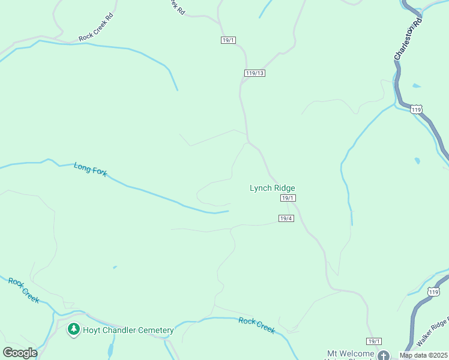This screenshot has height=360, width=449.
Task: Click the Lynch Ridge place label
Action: (272, 188)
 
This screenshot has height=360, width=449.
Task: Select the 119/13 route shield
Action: (255, 73)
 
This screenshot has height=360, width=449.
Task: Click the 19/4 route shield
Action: (286, 218)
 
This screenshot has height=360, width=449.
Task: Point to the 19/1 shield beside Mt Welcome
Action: (373, 341)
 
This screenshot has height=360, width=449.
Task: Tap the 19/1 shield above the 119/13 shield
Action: (228, 40)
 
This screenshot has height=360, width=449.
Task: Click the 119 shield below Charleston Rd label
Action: (417, 109)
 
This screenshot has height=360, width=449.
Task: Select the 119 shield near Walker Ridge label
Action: (433, 292)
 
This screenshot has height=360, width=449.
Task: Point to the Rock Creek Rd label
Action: (95, 36)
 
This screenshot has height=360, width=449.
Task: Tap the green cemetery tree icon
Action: (74, 329)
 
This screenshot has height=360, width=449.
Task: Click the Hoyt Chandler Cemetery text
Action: (128, 330)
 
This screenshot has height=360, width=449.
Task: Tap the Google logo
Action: (20, 352)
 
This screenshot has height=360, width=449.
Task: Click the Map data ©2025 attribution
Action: (423, 355)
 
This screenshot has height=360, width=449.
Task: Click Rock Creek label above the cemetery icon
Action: (23, 290)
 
